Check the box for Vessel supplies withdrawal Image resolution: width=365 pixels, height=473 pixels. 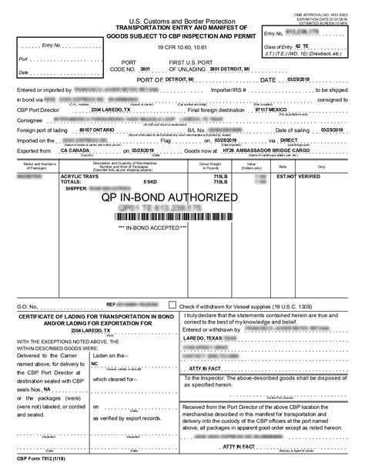point(172,306)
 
